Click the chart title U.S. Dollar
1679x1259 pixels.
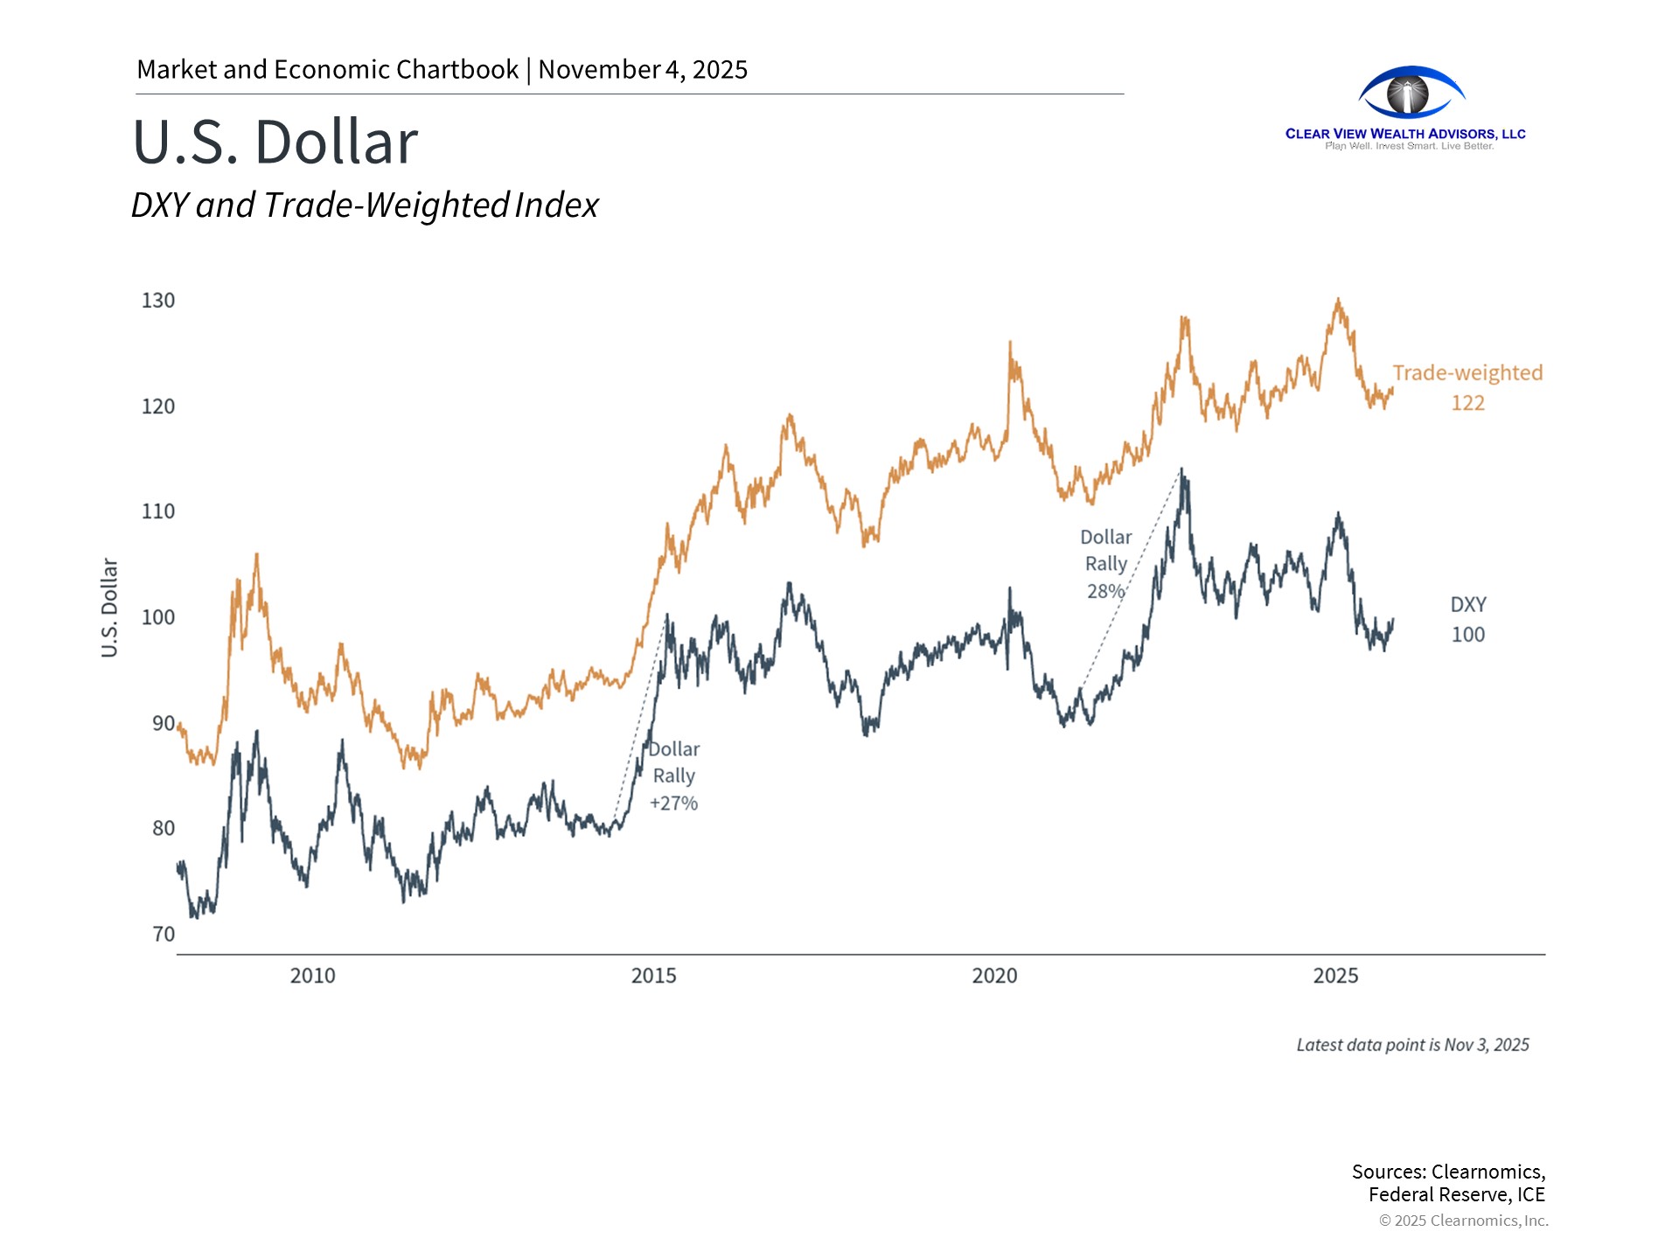tap(275, 142)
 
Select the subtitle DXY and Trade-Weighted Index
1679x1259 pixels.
tap(364, 205)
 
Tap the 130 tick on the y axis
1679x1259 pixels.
tap(158, 301)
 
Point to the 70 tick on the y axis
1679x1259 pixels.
tap(164, 934)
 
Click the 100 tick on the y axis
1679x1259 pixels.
tap(158, 617)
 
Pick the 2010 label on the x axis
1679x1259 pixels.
tap(312, 976)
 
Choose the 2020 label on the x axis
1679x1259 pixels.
tap(994, 976)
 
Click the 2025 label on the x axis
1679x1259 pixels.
tap(1335, 976)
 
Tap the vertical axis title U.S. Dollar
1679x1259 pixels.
tap(109, 608)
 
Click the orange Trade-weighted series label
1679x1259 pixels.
tap(1467, 373)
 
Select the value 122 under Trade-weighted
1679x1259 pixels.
tap(1467, 403)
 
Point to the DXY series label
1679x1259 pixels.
tap(1467, 605)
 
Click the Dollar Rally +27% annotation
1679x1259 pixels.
tap(673, 776)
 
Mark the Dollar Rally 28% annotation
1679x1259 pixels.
tap(1105, 564)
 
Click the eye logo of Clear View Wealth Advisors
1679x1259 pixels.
tap(1411, 93)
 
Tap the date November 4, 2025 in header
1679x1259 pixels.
tap(643, 70)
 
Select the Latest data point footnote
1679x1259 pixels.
tap(1412, 1045)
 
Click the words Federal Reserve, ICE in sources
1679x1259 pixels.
tap(1456, 1195)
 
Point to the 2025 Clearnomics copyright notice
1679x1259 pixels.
tap(1463, 1221)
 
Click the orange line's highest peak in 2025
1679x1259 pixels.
tap(1337, 300)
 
